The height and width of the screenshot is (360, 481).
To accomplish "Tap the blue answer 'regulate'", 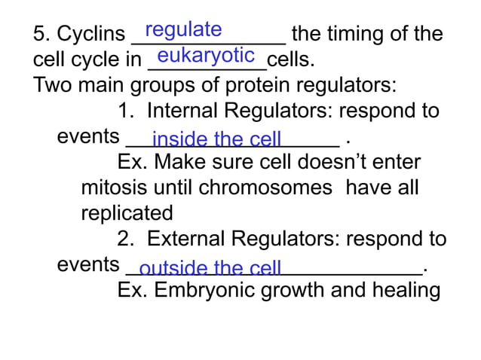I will (x=183, y=29).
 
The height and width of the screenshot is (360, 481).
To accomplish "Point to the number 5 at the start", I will (x=39, y=35).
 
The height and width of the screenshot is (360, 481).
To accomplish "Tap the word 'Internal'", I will (x=188, y=111).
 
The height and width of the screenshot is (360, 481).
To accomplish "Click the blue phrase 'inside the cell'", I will (x=216, y=140).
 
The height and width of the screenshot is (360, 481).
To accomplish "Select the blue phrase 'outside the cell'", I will (x=210, y=269).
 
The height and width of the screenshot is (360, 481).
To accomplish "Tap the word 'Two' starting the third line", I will (x=51, y=84).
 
